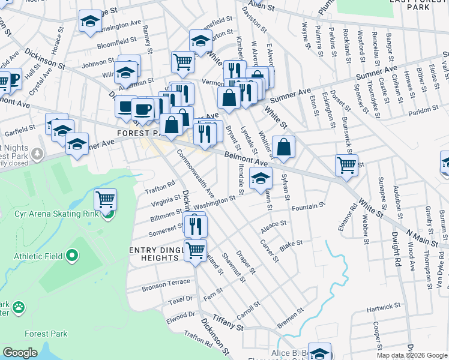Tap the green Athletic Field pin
pyautogui.click(x=73, y=256)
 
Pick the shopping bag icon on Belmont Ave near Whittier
pyautogui.click(x=283, y=146)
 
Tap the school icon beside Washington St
pyautogui.click(x=261, y=178)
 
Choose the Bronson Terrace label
pyautogui.click(x=166, y=285)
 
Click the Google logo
pyautogui.click(x=20, y=353)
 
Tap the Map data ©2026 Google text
pyautogui.click(x=411, y=355)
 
